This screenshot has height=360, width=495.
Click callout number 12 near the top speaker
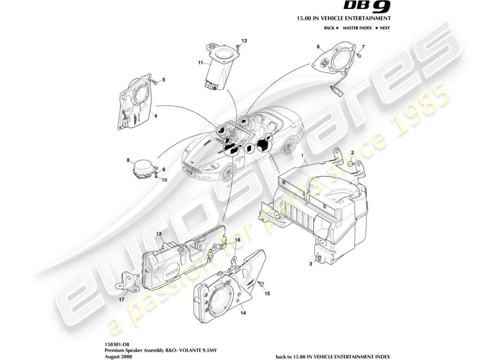[244, 41]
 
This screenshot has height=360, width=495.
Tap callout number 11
[201, 63]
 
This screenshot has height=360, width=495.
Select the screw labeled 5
[155, 82]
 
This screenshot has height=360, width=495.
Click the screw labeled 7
[359, 55]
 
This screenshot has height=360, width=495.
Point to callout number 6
[318, 47]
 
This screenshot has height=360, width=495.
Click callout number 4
[156, 116]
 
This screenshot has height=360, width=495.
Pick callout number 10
[164, 180]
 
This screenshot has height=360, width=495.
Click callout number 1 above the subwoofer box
[303, 155]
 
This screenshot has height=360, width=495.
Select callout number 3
[310, 265]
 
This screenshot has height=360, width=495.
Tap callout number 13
[159, 234]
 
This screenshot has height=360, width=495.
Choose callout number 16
[237, 240]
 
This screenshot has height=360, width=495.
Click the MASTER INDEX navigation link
[357, 28]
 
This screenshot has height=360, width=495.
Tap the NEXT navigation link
[382, 28]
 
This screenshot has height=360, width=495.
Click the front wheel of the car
[229, 171]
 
